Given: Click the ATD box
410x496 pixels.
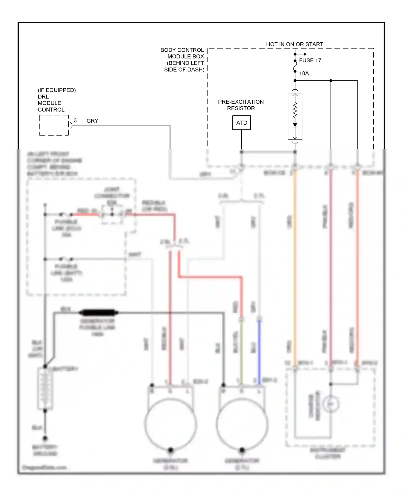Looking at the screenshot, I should [241, 123].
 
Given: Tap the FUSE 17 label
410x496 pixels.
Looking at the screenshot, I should [310, 60].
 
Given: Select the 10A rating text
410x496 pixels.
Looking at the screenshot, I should [304, 73].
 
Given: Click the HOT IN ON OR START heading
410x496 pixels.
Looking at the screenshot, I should [294, 44].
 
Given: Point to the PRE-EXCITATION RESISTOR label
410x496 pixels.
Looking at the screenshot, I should [241, 105].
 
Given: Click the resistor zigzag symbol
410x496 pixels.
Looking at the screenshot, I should [295, 111].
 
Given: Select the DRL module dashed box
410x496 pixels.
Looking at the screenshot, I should [54, 125].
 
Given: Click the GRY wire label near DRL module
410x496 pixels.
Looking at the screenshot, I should [92, 121].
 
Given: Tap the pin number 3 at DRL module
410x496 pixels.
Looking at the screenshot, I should [75, 121].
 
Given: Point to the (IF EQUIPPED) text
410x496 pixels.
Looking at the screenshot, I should [57, 90].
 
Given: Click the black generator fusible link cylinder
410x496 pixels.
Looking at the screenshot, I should [98, 312].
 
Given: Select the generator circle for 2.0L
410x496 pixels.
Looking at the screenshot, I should [171, 424].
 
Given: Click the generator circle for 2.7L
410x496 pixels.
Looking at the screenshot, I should [242, 424].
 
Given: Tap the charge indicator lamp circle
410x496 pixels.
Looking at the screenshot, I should [331, 404].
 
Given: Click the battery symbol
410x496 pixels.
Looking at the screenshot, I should [45, 388].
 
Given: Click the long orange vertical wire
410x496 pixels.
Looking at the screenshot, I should [295, 268].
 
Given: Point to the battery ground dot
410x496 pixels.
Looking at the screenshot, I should [45, 438].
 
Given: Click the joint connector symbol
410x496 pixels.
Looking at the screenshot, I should [112, 214].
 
